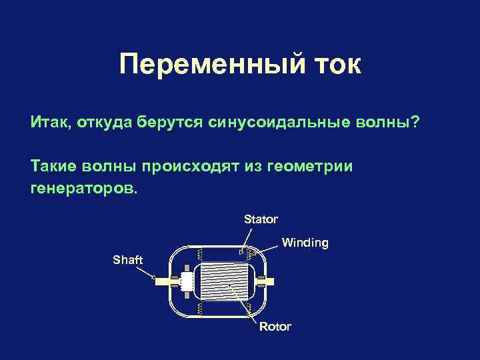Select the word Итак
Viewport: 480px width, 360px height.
coord(49,123)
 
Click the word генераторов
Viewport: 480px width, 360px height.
coord(82,188)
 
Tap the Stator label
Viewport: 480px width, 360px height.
coord(261,219)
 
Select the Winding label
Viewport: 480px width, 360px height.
coord(305,243)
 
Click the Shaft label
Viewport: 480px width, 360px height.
coord(127,260)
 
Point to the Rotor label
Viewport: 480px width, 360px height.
coord(275,327)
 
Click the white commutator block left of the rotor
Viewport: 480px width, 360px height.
coord(186,282)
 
